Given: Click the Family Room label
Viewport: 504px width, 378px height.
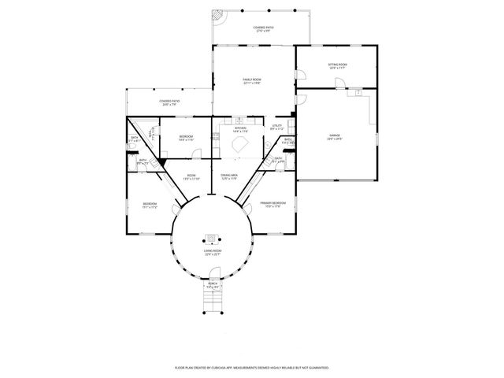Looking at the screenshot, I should (251, 82).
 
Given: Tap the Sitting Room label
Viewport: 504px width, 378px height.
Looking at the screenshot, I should (338, 66).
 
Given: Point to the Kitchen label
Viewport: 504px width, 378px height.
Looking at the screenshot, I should (240, 129).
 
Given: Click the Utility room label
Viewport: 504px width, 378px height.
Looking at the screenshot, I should (276, 127).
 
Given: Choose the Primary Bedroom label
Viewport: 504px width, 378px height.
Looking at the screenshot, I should (273, 205).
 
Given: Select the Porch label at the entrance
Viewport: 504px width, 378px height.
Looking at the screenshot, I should (213, 287).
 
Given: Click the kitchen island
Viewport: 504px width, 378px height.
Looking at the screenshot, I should (239, 145).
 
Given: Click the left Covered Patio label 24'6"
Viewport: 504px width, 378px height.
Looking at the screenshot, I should (169, 102).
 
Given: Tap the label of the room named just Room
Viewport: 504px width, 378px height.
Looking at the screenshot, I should (191, 177).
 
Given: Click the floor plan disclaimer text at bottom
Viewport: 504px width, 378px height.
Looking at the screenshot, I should (251, 367).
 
